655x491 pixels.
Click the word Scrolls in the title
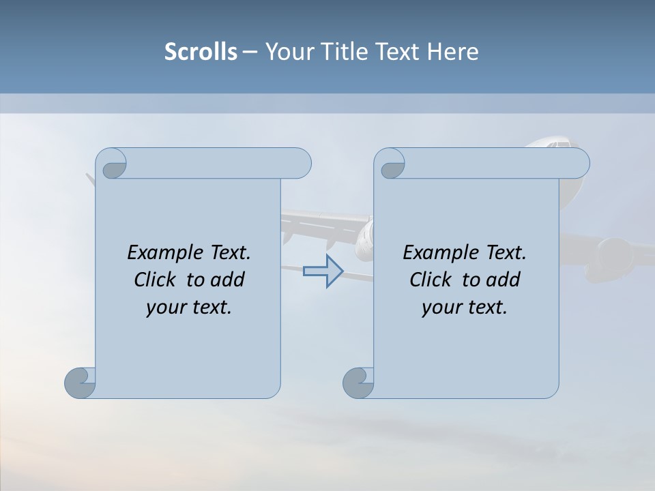pyautogui.click(x=201, y=52)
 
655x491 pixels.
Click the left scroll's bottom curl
pyautogui.click(x=81, y=383)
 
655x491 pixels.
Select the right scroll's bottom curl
pyautogui.click(x=359, y=383)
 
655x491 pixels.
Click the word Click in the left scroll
pyautogui.click(x=156, y=280)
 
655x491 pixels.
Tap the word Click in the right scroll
pyautogui.click(x=432, y=280)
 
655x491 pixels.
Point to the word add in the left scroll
pyautogui.click(x=228, y=280)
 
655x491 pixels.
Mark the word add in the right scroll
pyautogui.click(x=504, y=280)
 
